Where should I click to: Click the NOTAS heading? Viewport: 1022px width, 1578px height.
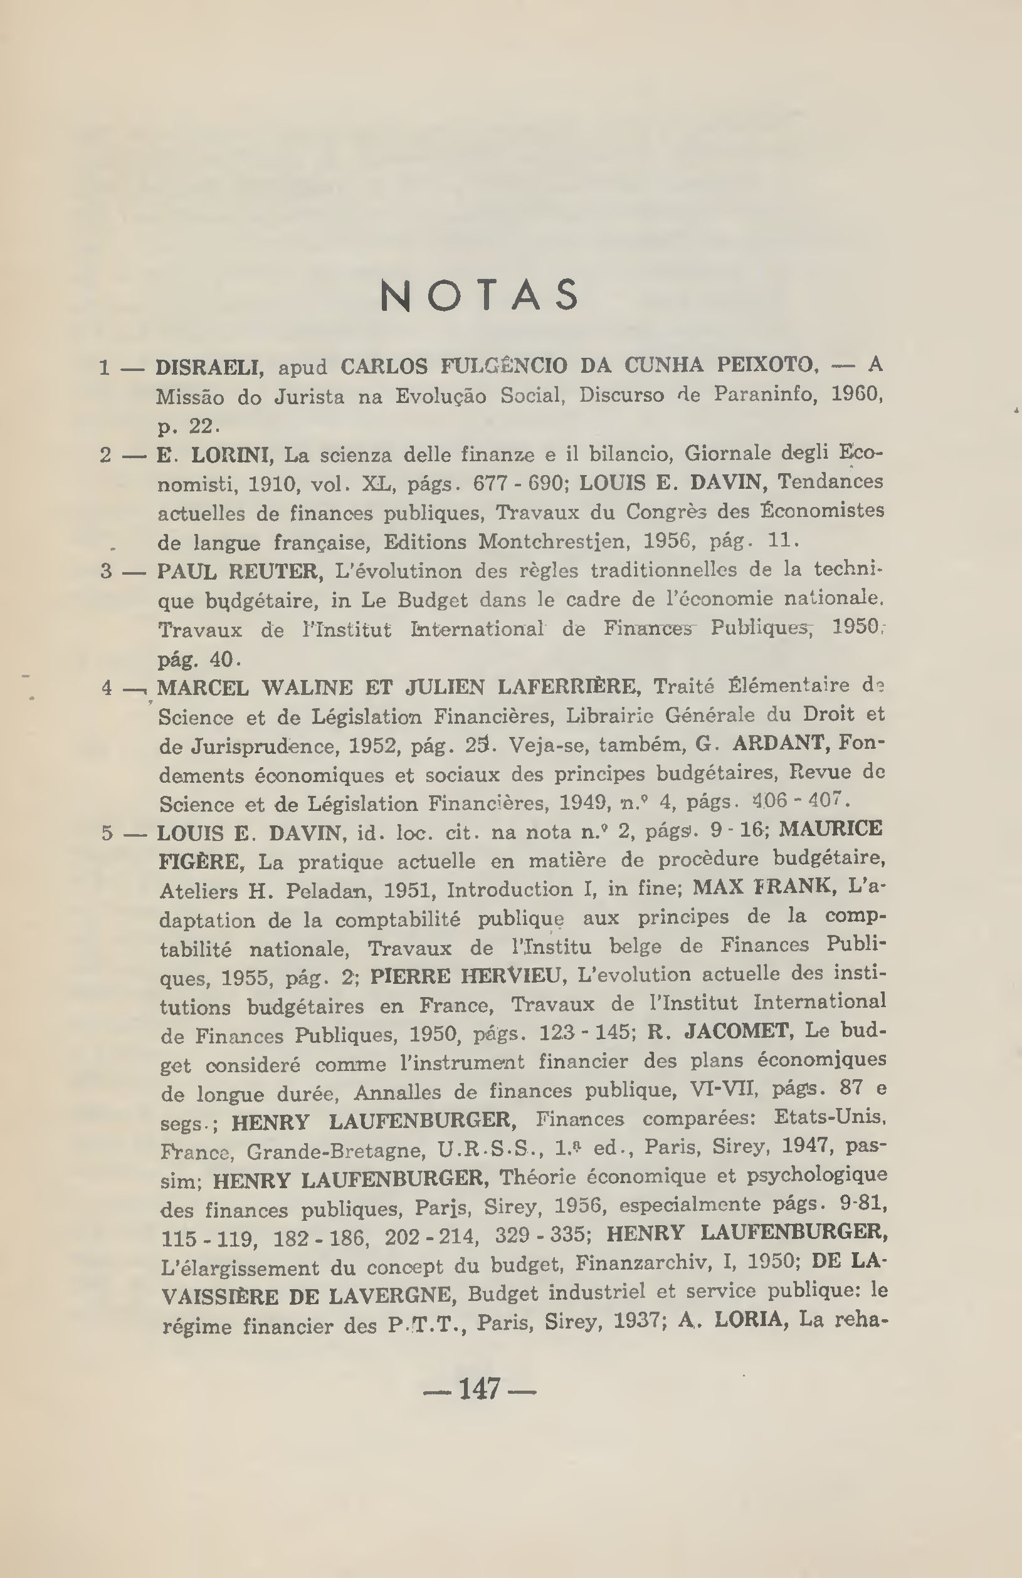click(x=480, y=295)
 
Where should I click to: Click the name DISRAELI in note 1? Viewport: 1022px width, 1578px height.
click(x=210, y=367)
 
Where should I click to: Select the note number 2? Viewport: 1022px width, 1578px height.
click(x=106, y=455)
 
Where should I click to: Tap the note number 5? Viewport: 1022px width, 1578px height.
click(x=107, y=833)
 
